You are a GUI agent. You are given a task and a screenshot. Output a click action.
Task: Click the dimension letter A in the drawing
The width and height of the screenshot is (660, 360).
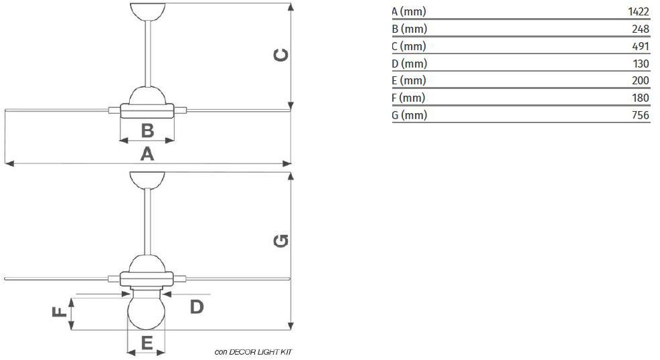[x=147, y=154]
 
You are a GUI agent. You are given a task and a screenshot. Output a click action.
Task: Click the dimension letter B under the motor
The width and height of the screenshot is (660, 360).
[x=147, y=130]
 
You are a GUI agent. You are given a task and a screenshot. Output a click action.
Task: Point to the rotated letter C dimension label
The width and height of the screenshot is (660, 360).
[x=280, y=55]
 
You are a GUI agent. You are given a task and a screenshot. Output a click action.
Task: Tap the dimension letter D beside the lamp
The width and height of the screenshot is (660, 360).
[x=197, y=307]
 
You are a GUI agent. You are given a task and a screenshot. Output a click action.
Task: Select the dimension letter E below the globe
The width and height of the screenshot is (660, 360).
[x=147, y=343]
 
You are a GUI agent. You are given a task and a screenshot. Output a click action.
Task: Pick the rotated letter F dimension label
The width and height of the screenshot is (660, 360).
[x=60, y=312]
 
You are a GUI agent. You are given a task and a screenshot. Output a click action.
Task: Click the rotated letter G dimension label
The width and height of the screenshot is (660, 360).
[x=280, y=241]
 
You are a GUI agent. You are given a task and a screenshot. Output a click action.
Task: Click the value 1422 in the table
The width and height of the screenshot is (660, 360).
[x=639, y=11]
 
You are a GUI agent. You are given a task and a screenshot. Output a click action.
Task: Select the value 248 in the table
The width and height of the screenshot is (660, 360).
[x=640, y=29]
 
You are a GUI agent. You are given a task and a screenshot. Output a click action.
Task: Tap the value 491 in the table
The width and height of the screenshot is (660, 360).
[x=640, y=46]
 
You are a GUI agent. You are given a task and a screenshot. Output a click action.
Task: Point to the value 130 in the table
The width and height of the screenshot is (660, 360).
[x=641, y=64]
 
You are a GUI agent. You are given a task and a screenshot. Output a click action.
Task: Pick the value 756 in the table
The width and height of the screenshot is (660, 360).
[x=640, y=115]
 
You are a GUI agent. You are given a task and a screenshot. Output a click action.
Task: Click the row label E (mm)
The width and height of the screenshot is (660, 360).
[x=409, y=80]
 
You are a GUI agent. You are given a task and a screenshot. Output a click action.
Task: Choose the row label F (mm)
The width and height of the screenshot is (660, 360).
[x=408, y=98]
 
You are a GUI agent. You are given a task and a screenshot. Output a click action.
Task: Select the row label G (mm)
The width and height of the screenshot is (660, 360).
[x=409, y=115]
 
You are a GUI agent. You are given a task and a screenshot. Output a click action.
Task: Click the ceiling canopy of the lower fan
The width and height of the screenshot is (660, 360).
[x=147, y=180]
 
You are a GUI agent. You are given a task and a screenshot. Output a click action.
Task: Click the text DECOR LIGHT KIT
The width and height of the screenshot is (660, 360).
[x=260, y=352]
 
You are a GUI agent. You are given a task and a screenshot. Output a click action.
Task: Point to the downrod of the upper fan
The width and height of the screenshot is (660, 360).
[x=148, y=54]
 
